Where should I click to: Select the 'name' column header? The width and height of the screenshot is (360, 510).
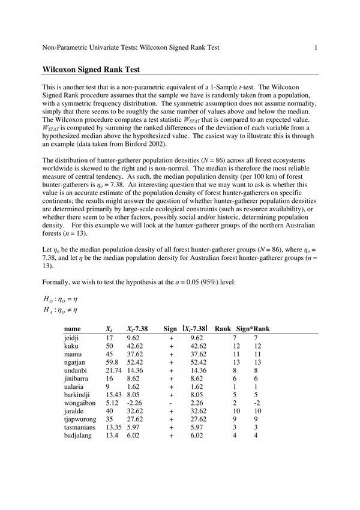[x=72, y=329]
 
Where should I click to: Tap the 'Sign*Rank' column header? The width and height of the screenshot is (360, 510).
[x=253, y=329]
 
